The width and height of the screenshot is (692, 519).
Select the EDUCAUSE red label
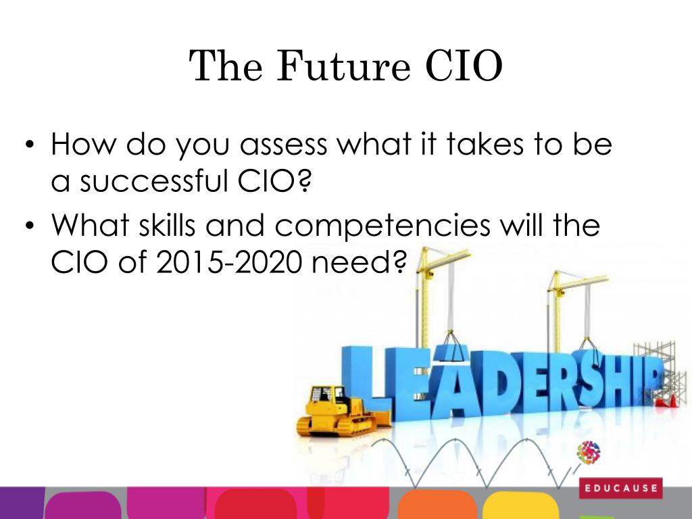pos(620,488)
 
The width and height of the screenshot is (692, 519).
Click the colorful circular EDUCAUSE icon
pos(589,453)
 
